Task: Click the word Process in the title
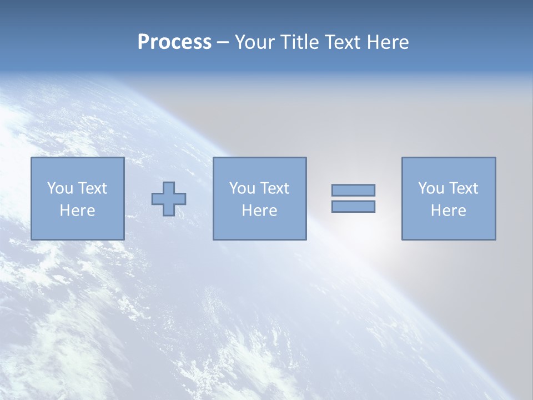click(x=174, y=42)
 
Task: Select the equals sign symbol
click(x=353, y=198)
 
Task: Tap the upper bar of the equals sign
click(x=353, y=190)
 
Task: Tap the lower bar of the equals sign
click(x=353, y=207)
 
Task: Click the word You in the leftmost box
click(x=59, y=188)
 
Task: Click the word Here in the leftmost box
click(x=77, y=211)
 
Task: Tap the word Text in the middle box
click(x=275, y=188)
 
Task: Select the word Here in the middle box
click(x=259, y=211)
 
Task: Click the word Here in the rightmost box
click(x=449, y=211)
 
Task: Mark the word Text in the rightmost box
click(x=464, y=188)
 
